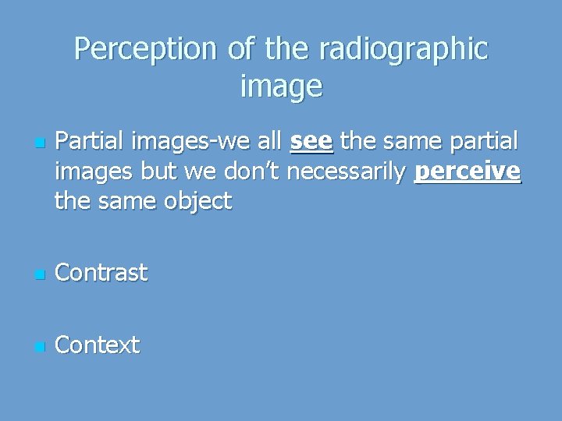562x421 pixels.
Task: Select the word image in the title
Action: tap(281, 86)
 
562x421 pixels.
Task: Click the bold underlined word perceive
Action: tap(467, 172)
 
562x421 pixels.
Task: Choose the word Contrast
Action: tap(101, 273)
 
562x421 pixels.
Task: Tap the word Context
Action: tap(98, 345)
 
